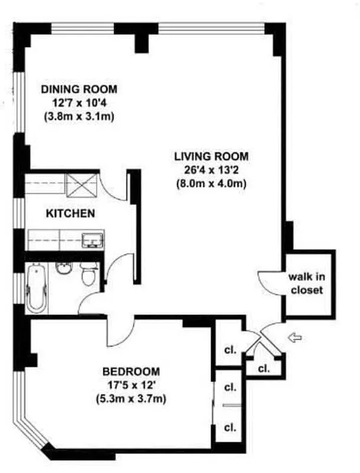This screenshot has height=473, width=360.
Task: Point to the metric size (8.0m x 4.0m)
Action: click(x=211, y=183)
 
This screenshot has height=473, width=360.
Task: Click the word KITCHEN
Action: click(x=70, y=213)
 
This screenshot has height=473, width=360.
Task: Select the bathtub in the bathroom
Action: click(x=36, y=289)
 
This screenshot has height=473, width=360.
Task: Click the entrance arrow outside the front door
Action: click(x=294, y=337)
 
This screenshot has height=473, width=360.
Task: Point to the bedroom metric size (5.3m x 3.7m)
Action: click(x=131, y=399)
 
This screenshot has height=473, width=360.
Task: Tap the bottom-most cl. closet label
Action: click(x=229, y=427)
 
